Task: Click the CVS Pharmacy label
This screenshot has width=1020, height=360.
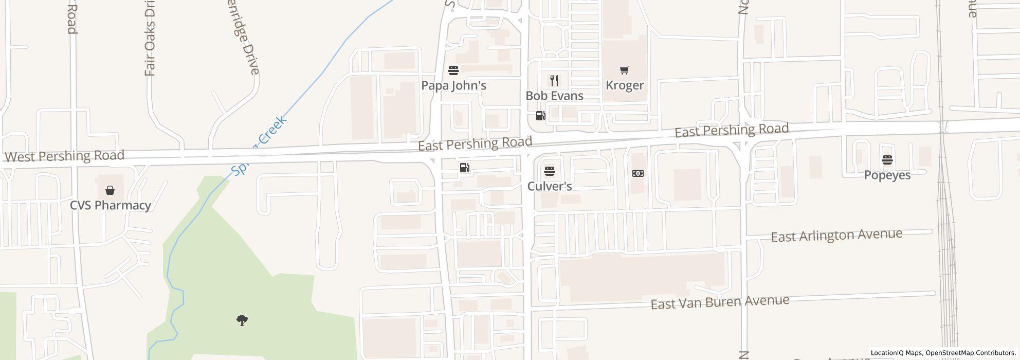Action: coord(110,205)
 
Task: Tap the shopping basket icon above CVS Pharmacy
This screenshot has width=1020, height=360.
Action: coord(110,191)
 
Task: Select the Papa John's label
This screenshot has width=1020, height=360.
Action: coord(453,85)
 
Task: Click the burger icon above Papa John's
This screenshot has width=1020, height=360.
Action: coord(453,70)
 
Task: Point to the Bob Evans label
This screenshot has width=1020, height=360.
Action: coord(554,96)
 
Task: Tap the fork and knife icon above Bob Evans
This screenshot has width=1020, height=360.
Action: coord(554,81)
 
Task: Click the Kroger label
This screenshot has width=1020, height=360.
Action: coord(625,85)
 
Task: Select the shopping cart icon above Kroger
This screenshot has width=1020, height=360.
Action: coord(624,70)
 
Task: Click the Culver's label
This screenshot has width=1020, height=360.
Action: coord(550,186)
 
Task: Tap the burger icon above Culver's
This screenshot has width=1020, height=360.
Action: coord(550,171)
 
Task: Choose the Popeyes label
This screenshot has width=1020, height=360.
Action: coord(887,175)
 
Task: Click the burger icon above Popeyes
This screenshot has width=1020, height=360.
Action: coord(887,160)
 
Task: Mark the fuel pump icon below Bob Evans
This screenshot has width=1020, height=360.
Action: coord(540,116)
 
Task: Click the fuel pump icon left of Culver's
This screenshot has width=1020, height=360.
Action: coord(464,168)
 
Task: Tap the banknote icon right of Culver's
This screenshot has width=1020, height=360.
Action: coord(637,173)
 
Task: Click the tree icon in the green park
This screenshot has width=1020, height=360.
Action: coord(242,320)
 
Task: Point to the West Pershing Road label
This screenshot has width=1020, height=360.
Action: coord(64,156)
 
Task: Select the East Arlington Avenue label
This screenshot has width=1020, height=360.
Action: coord(836,236)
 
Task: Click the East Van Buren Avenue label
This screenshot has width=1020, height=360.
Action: coord(720,302)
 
